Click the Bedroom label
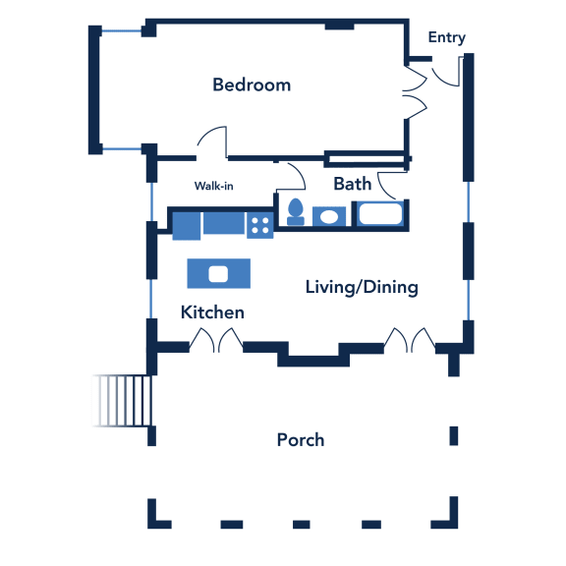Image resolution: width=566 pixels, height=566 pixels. [x=252, y=85]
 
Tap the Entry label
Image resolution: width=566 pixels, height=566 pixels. [x=446, y=37]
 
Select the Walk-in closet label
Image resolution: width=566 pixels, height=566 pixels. [x=213, y=186]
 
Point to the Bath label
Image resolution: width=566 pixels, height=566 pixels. [x=353, y=184]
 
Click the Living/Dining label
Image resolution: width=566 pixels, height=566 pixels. [x=362, y=288]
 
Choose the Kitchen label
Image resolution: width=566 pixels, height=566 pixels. [x=212, y=312]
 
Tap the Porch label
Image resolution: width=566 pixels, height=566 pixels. [x=301, y=440]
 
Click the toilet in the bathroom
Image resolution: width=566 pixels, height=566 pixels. [x=296, y=212]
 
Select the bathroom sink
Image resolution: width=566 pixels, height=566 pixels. [x=329, y=216]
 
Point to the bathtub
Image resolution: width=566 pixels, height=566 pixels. [x=381, y=213]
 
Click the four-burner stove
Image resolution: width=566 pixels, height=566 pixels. [x=259, y=225]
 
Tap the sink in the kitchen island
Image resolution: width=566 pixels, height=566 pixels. [x=218, y=274]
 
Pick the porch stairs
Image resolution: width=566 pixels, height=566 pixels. [x=122, y=401]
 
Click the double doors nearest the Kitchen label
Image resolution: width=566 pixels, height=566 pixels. [x=216, y=340]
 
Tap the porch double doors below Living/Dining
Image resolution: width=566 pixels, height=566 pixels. [x=410, y=340]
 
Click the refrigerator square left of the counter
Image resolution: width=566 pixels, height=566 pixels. [x=187, y=226]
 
